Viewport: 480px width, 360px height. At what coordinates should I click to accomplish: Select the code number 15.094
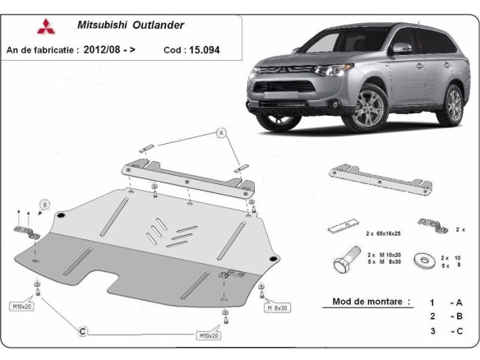203,50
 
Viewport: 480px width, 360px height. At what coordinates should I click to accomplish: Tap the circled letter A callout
220,132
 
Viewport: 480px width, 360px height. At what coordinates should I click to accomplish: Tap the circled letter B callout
44,204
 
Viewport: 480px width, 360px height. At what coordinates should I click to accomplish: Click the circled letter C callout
82,331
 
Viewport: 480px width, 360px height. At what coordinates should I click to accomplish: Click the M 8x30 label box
276,307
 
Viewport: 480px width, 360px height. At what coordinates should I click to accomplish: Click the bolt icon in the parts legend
344,261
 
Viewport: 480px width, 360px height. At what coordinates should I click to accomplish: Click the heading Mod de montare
372,302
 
